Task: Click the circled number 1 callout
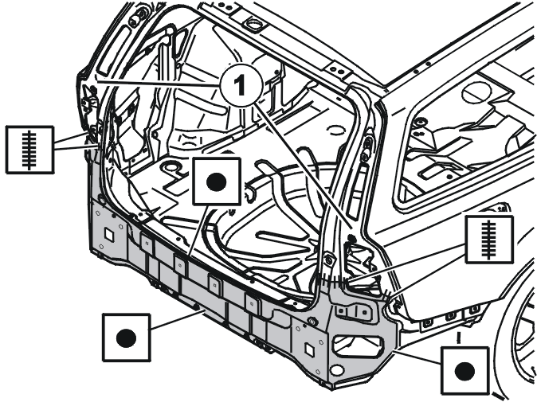tap(241, 85)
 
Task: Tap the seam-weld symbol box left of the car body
tap(29, 150)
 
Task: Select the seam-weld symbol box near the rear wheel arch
tap(489, 240)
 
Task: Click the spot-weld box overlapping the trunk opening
tap(217, 181)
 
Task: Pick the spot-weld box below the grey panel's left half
tap(127, 338)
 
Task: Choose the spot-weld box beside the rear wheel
tap(464, 370)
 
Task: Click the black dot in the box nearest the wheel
tap(464, 371)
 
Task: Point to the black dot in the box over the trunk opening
tap(217, 181)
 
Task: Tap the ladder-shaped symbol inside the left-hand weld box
tap(29, 150)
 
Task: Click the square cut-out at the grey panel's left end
tap(109, 235)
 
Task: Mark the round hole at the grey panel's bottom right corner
tap(337, 370)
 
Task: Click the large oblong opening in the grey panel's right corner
tap(358, 345)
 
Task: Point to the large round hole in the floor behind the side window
tap(476, 92)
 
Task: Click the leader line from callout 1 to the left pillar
tap(159, 84)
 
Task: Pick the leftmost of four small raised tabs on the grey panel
tap(147, 243)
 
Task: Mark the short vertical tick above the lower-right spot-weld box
tap(458, 337)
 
